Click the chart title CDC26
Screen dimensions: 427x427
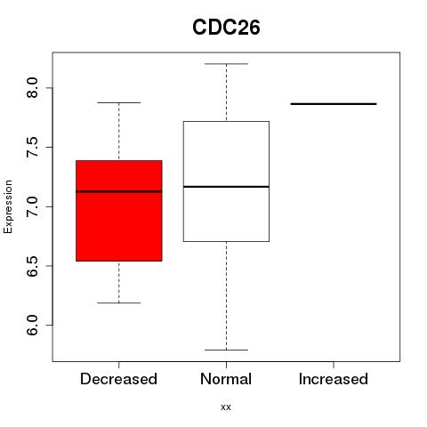coord(226,28)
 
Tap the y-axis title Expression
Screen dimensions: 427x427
coord(8,206)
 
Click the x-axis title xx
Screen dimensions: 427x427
coord(226,407)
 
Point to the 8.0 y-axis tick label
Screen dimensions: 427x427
coord(32,88)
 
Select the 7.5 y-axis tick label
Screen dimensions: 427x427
coord(32,147)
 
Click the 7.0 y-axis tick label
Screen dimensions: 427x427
coord(32,206)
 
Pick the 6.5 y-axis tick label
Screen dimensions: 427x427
coord(32,266)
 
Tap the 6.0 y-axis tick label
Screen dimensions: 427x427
coord(32,326)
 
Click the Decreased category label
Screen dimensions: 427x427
coord(118,379)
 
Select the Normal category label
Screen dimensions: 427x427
coord(226,379)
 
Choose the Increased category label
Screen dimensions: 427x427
coord(334,379)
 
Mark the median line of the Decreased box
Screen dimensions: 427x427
coord(119,191)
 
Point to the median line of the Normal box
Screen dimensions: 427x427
coord(226,187)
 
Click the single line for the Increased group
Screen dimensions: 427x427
coord(334,104)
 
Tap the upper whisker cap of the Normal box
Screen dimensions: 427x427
coord(226,64)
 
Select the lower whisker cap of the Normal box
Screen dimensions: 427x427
coord(226,350)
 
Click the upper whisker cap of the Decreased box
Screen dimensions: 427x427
coord(119,102)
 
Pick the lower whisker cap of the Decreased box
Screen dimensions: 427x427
coord(119,302)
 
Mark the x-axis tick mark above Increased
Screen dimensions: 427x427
coord(334,365)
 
